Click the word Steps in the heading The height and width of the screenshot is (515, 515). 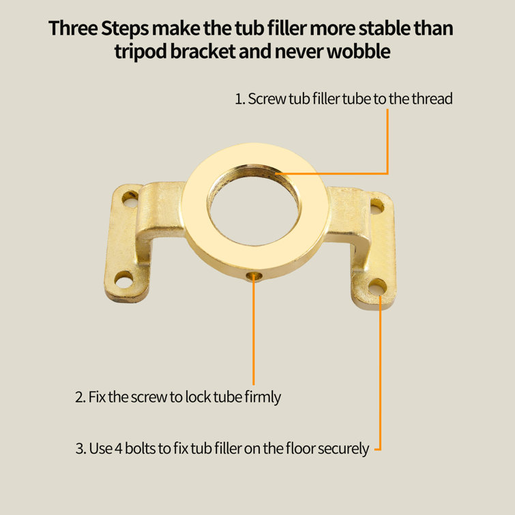tap(125, 29)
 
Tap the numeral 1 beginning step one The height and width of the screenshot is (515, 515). tap(239, 99)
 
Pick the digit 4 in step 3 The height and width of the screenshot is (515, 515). tap(119, 449)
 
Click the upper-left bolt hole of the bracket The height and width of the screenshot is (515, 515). tap(130, 198)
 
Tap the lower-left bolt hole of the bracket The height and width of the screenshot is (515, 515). tap(124, 280)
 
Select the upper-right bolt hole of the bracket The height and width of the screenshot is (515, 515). tap(377, 207)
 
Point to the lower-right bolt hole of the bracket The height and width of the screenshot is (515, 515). tap(378, 287)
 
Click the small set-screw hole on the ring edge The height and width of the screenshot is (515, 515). tap(254, 276)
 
